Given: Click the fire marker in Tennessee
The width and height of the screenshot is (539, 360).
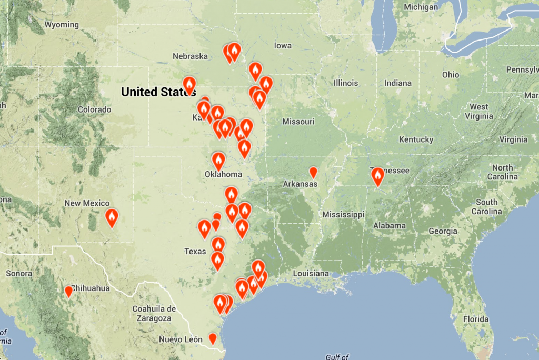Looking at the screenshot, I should coord(377,176).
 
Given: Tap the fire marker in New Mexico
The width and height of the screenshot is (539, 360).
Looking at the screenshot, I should coord(112,216).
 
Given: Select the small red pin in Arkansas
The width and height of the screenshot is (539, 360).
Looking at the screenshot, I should coord(313,172).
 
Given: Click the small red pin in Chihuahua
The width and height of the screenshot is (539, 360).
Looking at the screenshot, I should coord(68,291).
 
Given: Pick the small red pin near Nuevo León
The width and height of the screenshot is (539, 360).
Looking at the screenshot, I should coord(212,338).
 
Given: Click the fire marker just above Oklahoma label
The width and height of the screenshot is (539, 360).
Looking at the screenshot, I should coord(218,161).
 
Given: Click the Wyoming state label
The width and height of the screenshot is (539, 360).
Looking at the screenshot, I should coord(62,25).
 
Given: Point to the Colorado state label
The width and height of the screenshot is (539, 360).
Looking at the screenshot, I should coord(94,109).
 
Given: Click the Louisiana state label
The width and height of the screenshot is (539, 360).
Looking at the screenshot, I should coord(311,273).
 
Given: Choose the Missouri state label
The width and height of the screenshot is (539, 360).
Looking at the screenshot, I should coord(298,122).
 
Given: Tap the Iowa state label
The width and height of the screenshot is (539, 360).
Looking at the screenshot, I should coord(283,46).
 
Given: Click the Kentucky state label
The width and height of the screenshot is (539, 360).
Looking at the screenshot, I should coord(416,139).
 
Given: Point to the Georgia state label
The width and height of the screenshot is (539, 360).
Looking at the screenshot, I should coord(443,231).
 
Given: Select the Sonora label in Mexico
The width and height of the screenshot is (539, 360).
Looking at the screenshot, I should coord(19,273).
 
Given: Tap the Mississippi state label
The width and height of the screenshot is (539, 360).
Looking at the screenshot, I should coord(343,215).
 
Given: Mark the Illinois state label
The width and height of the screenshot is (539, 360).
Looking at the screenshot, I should coord(345,83).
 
